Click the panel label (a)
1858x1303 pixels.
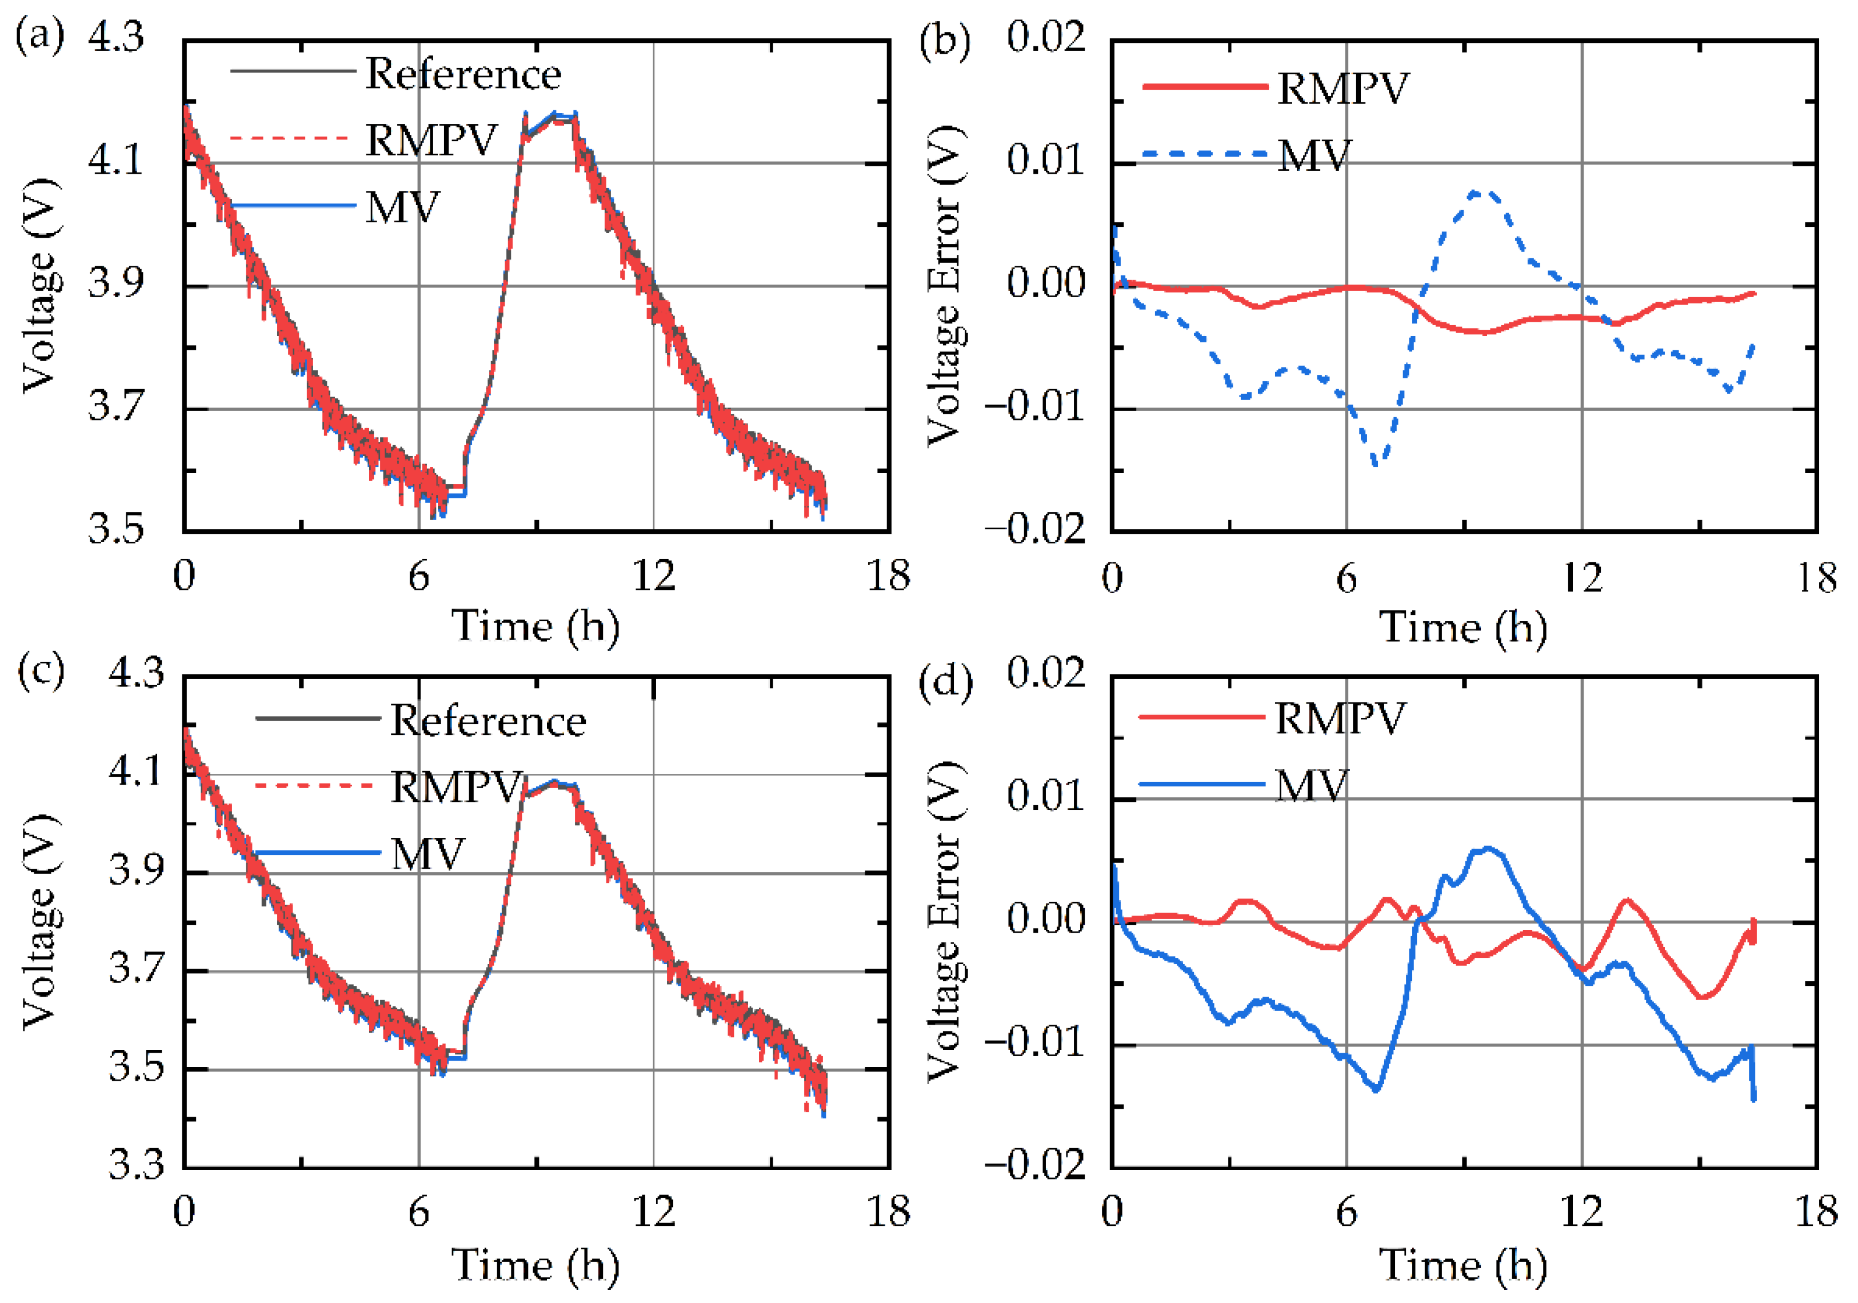point(39,37)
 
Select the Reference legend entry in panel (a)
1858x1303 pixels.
point(462,74)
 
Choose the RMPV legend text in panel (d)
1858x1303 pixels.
point(1340,718)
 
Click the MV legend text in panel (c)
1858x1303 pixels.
point(427,854)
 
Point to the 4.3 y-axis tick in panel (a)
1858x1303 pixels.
point(115,37)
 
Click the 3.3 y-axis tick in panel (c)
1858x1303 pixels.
point(136,1165)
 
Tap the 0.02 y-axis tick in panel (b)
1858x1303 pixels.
point(1045,37)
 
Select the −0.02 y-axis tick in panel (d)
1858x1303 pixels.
point(1034,1165)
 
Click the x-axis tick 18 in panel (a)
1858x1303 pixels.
point(888,576)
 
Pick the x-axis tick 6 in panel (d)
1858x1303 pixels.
point(1346,1212)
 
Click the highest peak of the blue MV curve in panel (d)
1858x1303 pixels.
point(1489,848)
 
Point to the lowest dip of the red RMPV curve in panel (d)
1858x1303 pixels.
point(1703,997)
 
